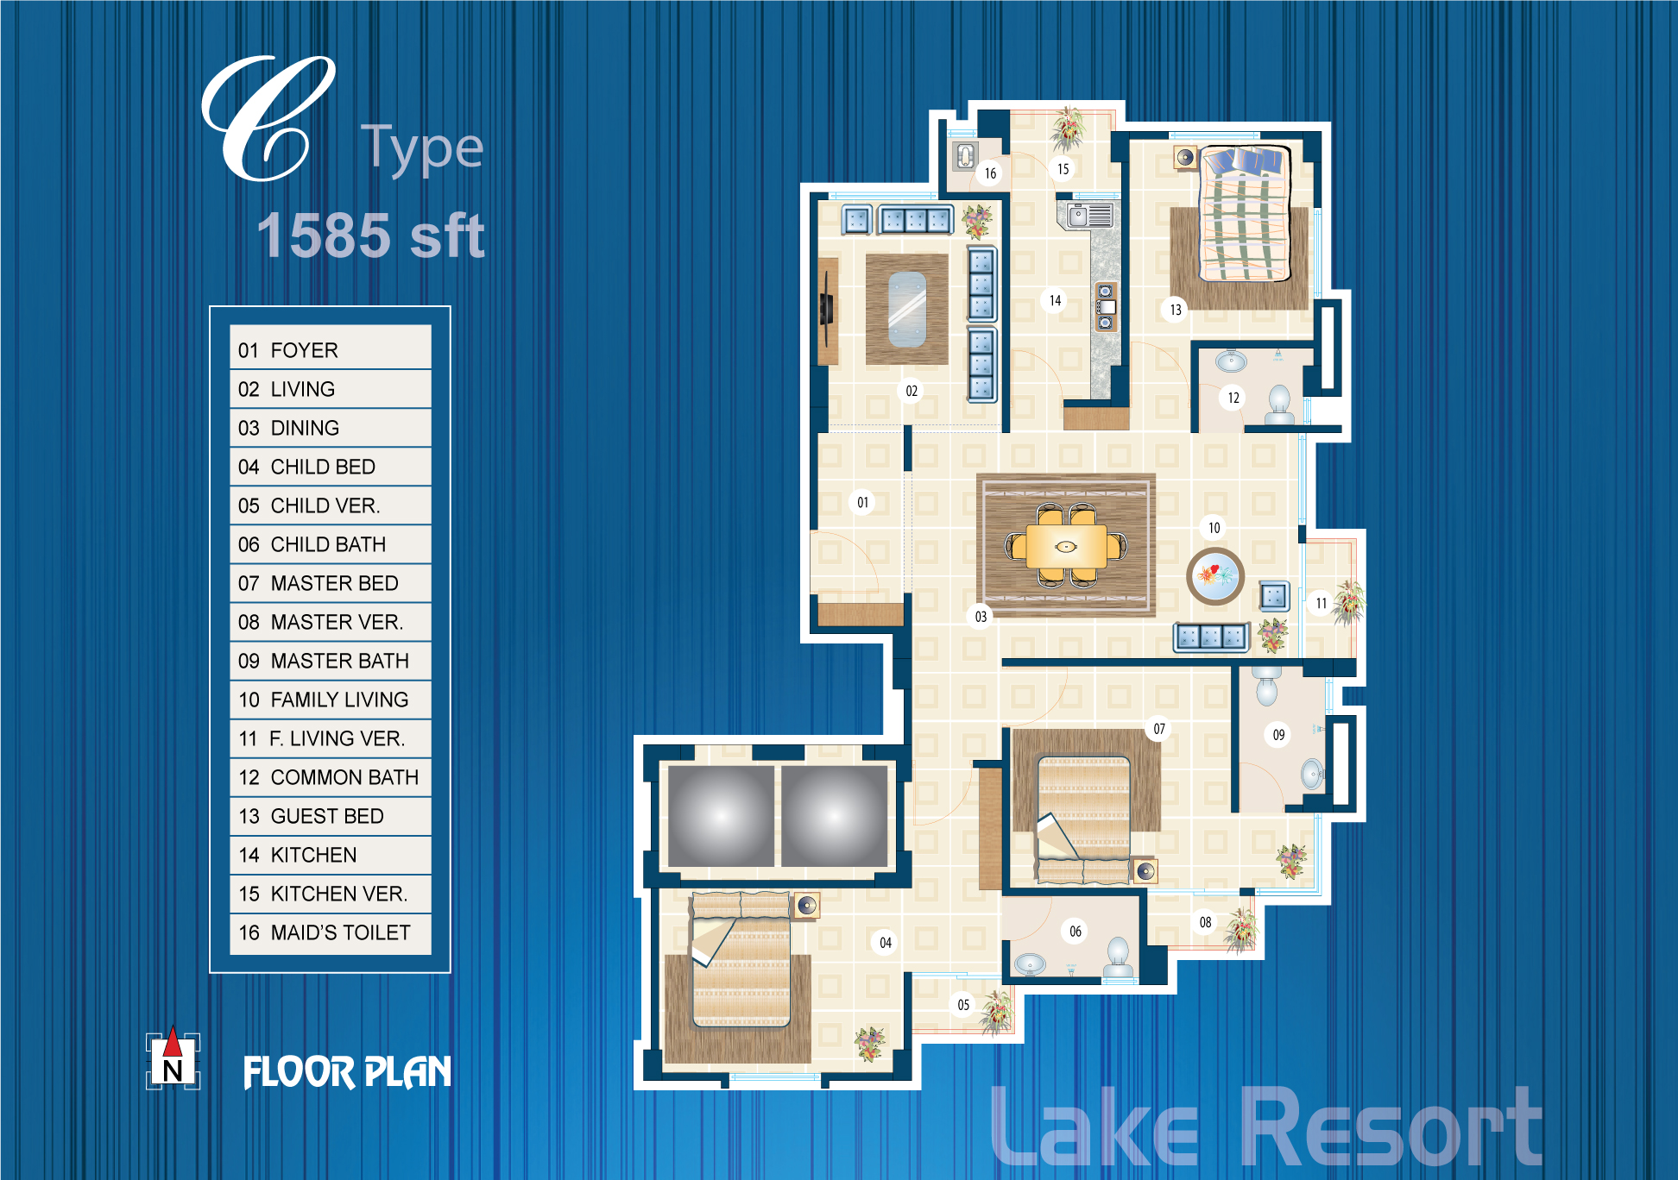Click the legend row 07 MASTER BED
(330, 583)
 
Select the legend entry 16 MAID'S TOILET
(330, 933)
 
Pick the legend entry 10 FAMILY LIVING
(330, 700)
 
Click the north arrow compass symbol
(173, 1059)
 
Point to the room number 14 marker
(1055, 300)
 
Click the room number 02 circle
(912, 391)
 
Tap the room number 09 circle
(1278, 735)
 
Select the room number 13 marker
(1176, 310)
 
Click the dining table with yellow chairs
(1066, 546)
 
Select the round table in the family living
(1215, 575)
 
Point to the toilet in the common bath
(1279, 405)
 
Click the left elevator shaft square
(721, 816)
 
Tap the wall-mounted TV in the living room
(827, 308)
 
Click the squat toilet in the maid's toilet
(965, 156)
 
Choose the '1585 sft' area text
(371, 235)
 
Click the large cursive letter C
(268, 118)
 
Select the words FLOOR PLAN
(347, 1072)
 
